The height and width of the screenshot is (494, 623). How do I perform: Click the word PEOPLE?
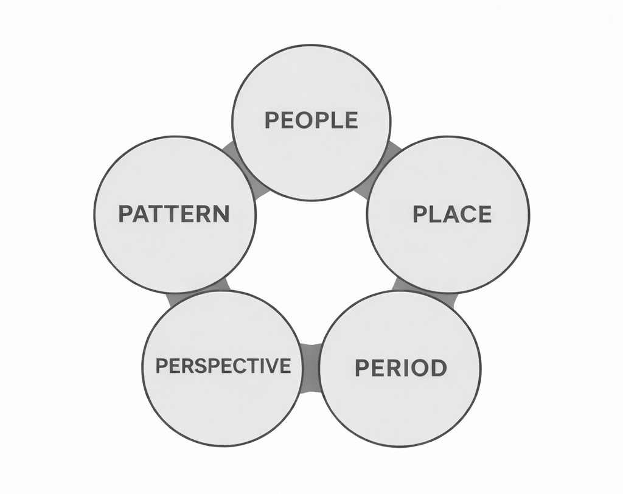tap(311, 120)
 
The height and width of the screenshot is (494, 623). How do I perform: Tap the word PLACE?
tap(452, 214)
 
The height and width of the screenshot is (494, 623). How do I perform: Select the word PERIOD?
tap(400, 368)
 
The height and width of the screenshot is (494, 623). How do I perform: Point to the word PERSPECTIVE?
tap(223, 366)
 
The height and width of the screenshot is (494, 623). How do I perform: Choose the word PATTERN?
tap(174, 214)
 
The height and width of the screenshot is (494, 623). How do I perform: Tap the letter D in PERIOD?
tap(437, 368)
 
